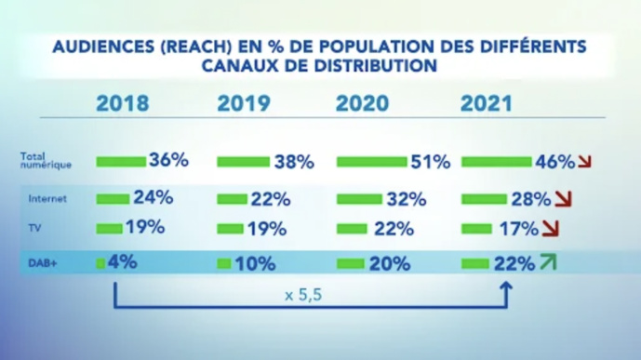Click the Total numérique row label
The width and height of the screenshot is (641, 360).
[x=46, y=160]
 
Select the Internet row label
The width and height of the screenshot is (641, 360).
[x=47, y=198]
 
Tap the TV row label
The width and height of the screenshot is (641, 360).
[x=35, y=227]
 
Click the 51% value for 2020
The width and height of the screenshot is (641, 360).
[x=430, y=162]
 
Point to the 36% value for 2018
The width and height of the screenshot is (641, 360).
[x=168, y=160]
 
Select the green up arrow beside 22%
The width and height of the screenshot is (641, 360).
[x=549, y=262]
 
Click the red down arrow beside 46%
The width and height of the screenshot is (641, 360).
[x=584, y=163]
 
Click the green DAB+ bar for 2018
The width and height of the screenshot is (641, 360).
[x=100, y=263]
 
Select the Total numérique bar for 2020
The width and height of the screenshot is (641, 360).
[x=371, y=162]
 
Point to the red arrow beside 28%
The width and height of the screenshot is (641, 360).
[x=561, y=199]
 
